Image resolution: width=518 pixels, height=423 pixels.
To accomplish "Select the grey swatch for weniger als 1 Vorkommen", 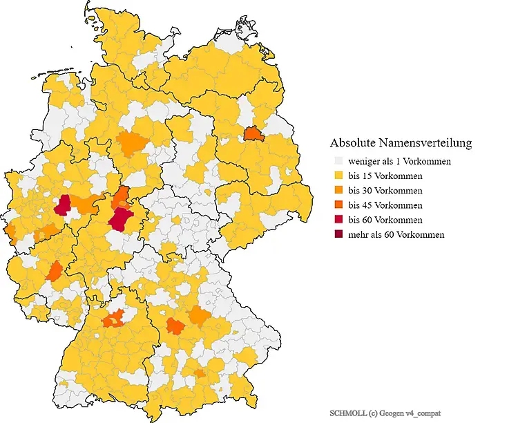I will click(338, 161).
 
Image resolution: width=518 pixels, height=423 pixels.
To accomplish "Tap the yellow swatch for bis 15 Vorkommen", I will click(338, 176).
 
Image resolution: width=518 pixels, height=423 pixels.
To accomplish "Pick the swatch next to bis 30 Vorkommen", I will click(338, 190).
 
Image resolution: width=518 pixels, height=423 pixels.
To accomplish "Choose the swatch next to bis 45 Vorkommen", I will click(338, 205).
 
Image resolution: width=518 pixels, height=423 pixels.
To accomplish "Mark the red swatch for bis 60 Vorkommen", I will click(338, 220).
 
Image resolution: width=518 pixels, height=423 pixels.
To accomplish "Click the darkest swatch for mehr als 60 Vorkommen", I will click(338, 234).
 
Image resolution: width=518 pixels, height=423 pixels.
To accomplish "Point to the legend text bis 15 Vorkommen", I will click(385, 176).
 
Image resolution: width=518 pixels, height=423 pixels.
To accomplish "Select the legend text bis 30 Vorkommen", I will click(385, 190).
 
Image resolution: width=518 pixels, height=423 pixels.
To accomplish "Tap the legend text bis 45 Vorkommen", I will click(385, 205).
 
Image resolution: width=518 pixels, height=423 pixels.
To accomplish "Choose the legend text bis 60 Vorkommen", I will click(385, 220).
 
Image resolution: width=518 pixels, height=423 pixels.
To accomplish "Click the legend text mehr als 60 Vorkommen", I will click(396, 234).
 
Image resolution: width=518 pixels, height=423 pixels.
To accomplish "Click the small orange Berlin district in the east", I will click(253, 133).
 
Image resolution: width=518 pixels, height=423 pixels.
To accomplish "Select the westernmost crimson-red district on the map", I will click(63, 205).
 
